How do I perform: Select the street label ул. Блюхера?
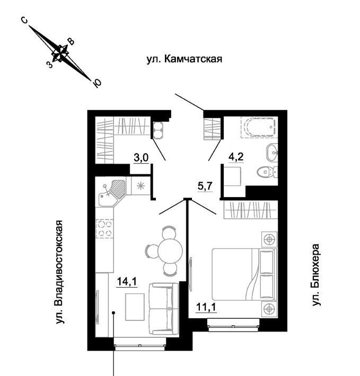pyautogui.click(x=317, y=274)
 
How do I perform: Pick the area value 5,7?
pyautogui.click(x=205, y=186)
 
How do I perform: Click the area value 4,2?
pyautogui.click(x=236, y=157)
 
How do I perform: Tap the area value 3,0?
pyautogui.click(x=141, y=157)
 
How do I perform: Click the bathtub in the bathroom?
pyautogui.click(x=259, y=128)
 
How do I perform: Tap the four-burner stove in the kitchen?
pyautogui.click(x=105, y=228)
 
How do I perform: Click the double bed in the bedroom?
pyautogui.click(x=244, y=274)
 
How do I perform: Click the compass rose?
pyautogui.click(x=61, y=51)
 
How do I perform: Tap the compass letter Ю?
pyautogui.click(x=97, y=83)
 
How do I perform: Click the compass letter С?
pyautogui.click(x=24, y=20)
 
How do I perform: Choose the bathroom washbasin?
pyautogui.click(x=272, y=150)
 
